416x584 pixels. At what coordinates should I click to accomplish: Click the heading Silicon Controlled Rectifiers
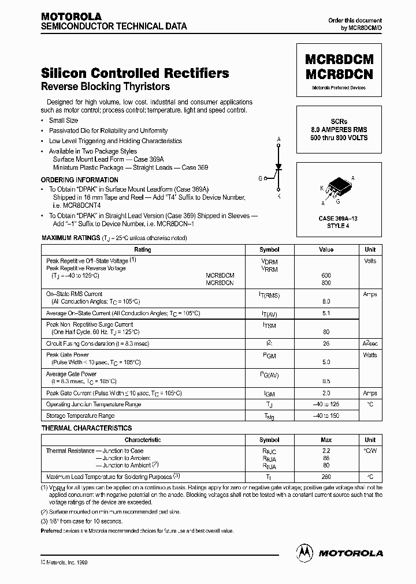pyautogui.click(x=135, y=73)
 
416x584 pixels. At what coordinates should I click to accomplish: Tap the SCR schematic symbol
pyautogui.click(x=278, y=168)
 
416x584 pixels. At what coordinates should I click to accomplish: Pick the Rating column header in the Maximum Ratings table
pyautogui.click(x=142, y=250)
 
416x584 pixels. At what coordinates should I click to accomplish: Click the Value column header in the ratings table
pyautogui.click(x=326, y=250)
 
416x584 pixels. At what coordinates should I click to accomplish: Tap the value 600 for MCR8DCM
pyautogui.click(x=326, y=276)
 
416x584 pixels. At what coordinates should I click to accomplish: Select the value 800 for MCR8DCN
pyautogui.click(x=326, y=283)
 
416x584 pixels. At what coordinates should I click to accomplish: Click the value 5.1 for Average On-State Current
pyautogui.click(x=326, y=313)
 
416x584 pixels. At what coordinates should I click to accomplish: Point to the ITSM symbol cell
pyautogui.click(x=269, y=326)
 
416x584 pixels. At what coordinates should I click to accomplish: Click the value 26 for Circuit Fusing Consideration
pyautogui.click(x=326, y=343)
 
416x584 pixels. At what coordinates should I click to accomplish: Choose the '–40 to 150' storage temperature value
pyautogui.click(x=326, y=415)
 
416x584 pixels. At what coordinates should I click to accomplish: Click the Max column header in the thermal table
pyautogui.click(x=326, y=440)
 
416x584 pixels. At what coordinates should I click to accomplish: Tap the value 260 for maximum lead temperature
pyautogui.click(x=326, y=477)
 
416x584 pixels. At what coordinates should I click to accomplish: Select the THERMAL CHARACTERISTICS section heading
pyautogui.click(x=87, y=428)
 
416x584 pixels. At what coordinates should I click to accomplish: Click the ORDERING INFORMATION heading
pyautogui.click(x=79, y=180)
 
